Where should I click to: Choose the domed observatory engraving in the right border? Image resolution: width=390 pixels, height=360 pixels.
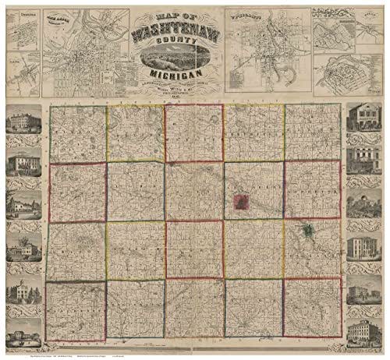click(x=362, y=206)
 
